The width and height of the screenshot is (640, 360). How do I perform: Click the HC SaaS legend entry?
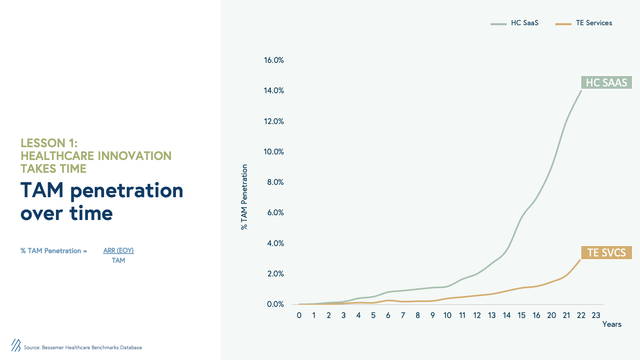[514, 23]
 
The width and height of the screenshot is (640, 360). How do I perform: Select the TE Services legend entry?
[584, 23]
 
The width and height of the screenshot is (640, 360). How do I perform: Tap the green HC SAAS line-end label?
[606, 82]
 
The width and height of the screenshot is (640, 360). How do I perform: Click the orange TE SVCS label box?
[606, 252]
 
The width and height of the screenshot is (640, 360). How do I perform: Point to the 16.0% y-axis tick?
[274, 60]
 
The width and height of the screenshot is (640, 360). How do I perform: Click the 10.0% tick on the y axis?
[274, 152]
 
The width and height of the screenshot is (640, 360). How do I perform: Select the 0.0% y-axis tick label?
[276, 304]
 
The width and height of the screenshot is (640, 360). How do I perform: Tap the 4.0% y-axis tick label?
[276, 244]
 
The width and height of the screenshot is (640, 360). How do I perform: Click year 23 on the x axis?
[596, 316]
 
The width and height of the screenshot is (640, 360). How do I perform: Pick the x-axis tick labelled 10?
[448, 316]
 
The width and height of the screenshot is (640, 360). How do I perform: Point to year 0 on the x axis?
[299, 316]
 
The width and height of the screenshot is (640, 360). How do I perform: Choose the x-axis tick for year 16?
[536, 316]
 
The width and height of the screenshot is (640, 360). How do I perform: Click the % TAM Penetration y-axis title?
[244, 197]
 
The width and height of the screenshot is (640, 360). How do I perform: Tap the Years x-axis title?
[612, 324]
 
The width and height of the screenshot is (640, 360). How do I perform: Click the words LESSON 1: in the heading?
[49, 143]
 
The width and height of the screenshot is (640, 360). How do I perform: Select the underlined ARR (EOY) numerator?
[118, 250]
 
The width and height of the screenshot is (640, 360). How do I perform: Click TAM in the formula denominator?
[118, 260]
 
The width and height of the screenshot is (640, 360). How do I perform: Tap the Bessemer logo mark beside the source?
[16, 346]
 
